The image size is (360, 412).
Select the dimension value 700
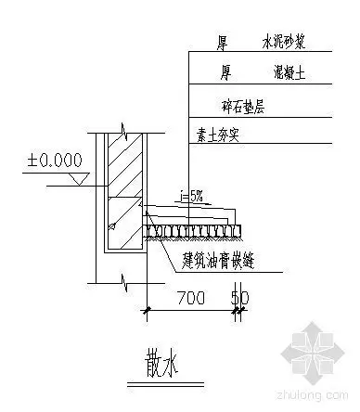tap(191, 299)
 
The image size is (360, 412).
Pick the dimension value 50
tap(241, 299)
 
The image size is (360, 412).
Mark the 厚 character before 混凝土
tap(225, 71)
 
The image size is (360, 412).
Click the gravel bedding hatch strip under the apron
tap(195, 228)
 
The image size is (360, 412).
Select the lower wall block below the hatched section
tap(121, 224)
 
